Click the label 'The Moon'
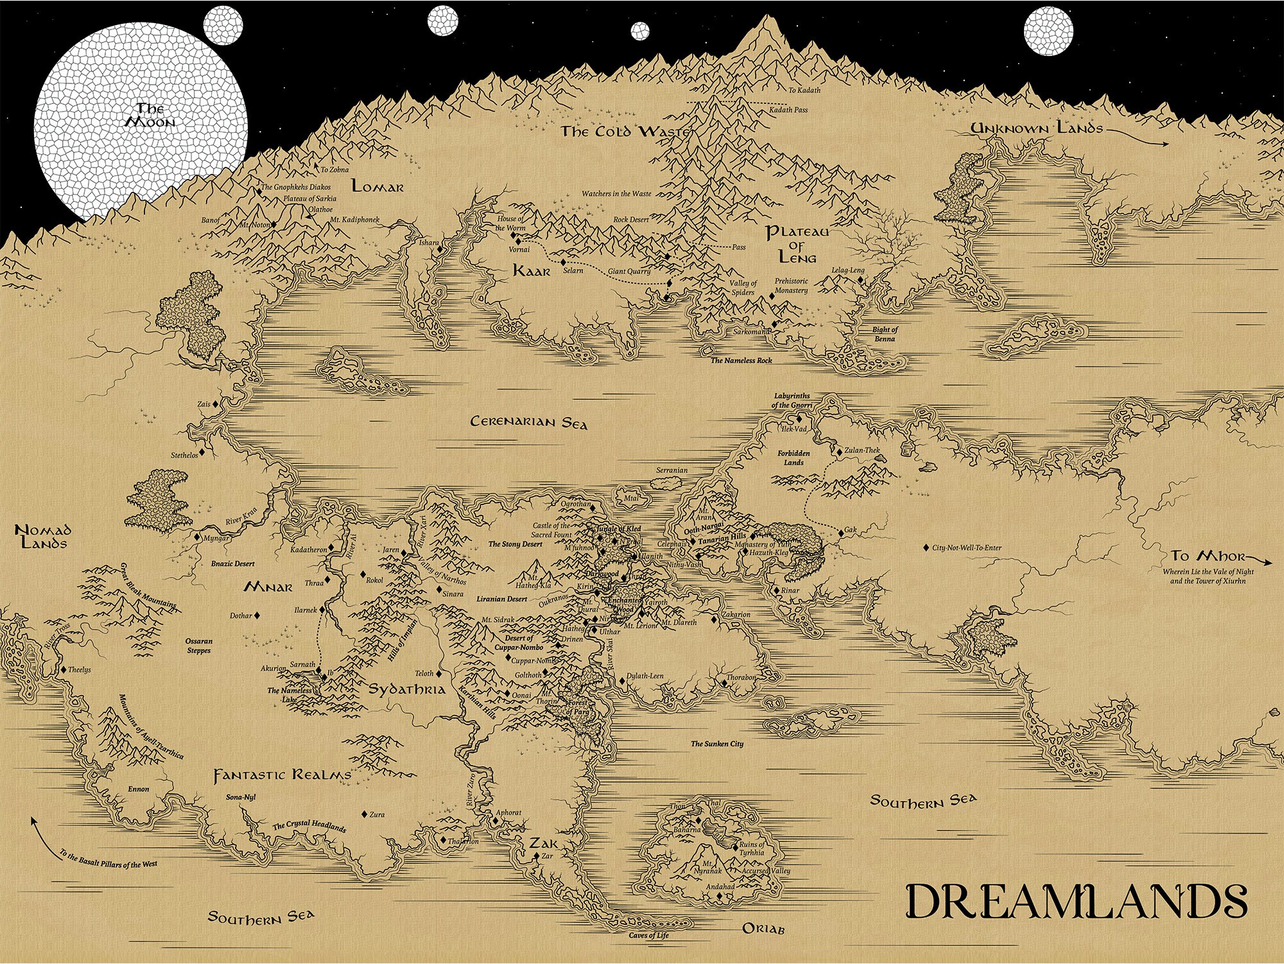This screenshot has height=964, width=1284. (x=150, y=115)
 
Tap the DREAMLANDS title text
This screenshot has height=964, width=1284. (x=1076, y=901)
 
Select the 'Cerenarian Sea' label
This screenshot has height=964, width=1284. (x=528, y=422)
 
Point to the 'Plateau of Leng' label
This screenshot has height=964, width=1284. (x=797, y=245)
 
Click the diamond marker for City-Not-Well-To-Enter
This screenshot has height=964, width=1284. (x=926, y=548)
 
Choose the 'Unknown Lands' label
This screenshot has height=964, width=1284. (x=1036, y=128)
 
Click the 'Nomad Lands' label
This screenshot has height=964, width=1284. (x=43, y=537)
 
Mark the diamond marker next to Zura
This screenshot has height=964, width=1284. (x=364, y=814)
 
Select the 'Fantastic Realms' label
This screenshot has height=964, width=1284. (x=282, y=775)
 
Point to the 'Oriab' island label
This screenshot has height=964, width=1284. (x=763, y=929)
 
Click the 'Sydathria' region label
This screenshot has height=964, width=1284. (x=406, y=689)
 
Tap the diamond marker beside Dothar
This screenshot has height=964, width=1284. (x=257, y=615)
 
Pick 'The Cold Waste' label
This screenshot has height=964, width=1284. (x=625, y=132)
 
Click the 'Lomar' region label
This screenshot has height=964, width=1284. (x=377, y=187)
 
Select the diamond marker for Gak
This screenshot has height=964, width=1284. (x=841, y=533)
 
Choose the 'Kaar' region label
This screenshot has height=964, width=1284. (x=532, y=271)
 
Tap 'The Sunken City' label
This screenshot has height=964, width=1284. (x=716, y=744)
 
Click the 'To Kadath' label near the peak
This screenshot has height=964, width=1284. (x=804, y=90)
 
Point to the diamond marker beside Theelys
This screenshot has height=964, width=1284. (x=64, y=670)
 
